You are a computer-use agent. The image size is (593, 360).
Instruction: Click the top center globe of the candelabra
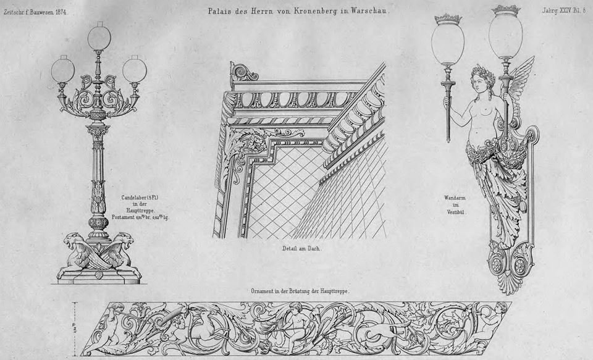pos(99,38)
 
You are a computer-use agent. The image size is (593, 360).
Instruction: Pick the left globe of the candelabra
pos(62,70)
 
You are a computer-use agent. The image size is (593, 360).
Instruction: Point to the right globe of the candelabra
pos(135,70)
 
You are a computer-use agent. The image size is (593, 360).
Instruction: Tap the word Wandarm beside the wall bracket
pos(455,198)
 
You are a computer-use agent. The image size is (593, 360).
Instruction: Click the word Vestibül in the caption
pos(456,212)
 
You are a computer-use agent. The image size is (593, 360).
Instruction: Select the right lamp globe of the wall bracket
pos(505,36)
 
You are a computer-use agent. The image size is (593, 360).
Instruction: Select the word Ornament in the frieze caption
pos(264,290)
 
